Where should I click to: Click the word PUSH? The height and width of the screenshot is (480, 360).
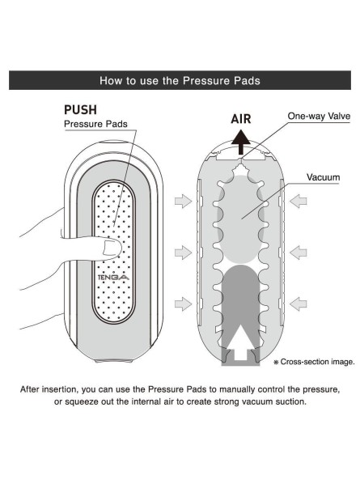pyautogui.click(x=80, y=110)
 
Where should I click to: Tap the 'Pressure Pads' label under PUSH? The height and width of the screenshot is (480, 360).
pyautogui.click(x=95, y=124)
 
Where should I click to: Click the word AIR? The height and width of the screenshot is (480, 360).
pyautogui.click(x=241, y=119)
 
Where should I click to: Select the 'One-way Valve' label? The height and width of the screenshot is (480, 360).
pyautogui.click(x=319, y=116)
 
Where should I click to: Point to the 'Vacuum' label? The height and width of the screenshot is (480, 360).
pyautogui.click(x=324, y=177)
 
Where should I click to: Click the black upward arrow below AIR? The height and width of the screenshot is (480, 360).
pyautogui.click(x=241, y=142)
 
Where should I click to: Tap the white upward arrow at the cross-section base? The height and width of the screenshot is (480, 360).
pyautogui.click(x=241, y=342)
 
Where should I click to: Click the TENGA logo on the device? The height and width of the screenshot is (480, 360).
pyautogui.click(x=113, y=278)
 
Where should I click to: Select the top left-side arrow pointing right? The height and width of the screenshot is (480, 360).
pyautogui.click(x=183, y=201)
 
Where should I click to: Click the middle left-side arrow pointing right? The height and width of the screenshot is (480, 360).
pyautogui.click(x=183, y=253)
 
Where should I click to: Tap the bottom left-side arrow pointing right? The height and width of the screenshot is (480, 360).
pyautogui.click(x=183, y=304)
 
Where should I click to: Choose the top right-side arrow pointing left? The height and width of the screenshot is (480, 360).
pyautogui.click(x=298, y=201)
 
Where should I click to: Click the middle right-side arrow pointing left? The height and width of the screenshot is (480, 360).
pyautogui.click(x=298, y=253)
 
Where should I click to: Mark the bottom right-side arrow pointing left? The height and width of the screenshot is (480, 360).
pyautogui.click(x=298, y=304)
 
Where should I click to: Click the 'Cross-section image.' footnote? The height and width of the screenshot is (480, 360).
pyautogui.click(x=314, y=362)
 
